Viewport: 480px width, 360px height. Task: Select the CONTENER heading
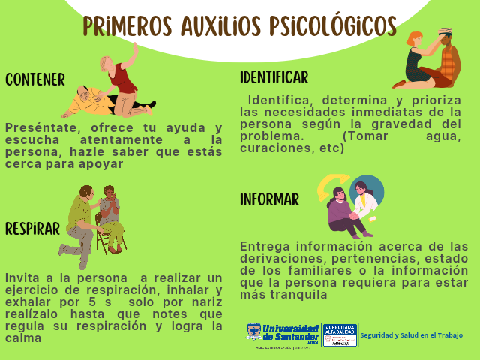[x=35, y=79]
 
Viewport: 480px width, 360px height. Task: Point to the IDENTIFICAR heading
[x=274, y=77]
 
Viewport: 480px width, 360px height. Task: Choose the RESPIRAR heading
[x=32, y=229]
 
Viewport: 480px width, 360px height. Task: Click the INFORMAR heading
[x=269, y=199]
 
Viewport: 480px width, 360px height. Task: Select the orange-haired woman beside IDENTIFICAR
[x=415, y=58]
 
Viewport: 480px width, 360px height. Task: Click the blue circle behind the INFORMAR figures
[x=371, y=190]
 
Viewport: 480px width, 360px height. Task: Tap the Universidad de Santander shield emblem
[x=254, y=333]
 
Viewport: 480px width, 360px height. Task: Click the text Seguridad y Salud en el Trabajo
[x=411, y=334]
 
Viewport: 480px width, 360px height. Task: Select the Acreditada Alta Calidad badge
[x=339, y=334]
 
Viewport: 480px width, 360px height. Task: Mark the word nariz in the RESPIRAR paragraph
[x=206, y=301]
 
